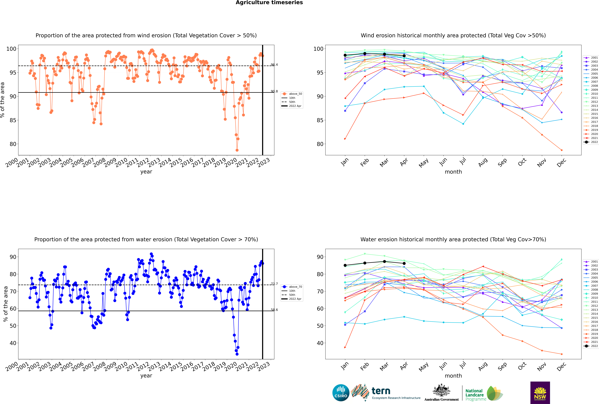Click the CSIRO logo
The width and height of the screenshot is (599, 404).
point(341,393)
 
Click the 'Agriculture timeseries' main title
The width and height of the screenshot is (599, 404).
point(269,3)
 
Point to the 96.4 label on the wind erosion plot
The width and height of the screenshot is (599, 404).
point(274,65)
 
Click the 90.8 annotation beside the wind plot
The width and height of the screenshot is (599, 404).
point(274,91)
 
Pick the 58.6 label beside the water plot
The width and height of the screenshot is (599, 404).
point(274,310)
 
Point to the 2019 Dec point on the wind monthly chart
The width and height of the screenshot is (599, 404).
point(562,150)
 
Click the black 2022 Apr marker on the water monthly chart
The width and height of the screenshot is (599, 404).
point(404,263)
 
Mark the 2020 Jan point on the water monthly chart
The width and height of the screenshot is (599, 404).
point(345,347)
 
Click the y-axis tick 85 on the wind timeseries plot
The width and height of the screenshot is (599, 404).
point(13,120)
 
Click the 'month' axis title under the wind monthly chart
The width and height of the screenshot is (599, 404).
point(453,172)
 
